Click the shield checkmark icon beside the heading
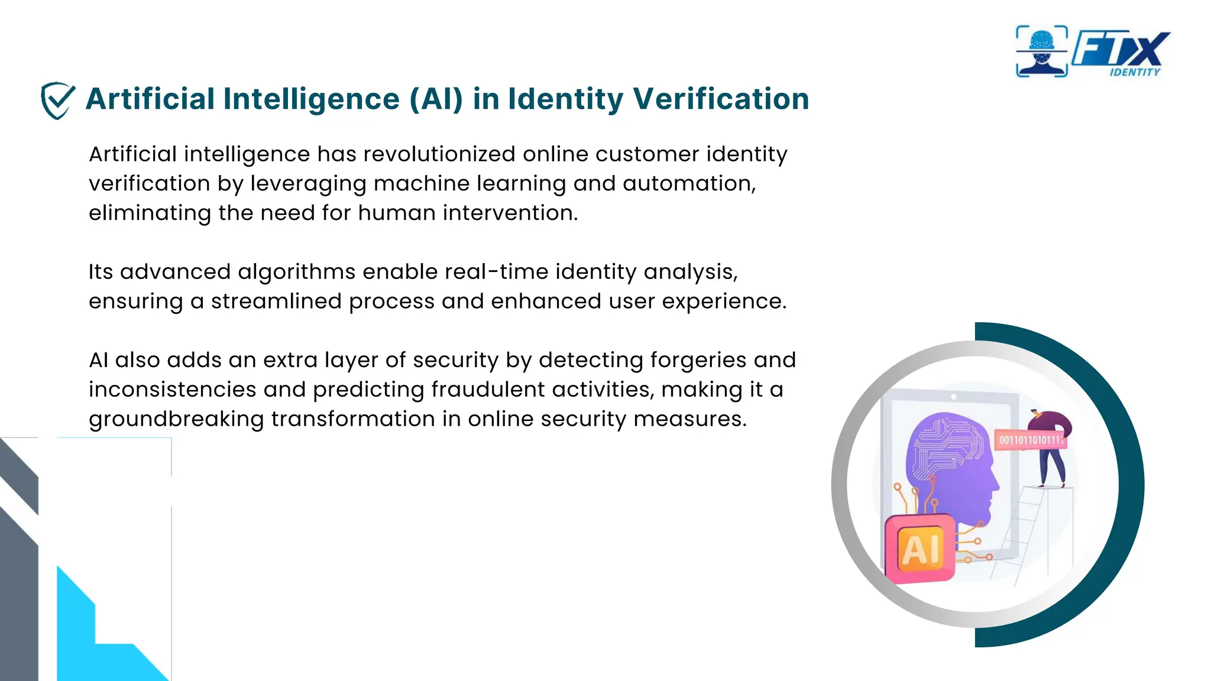tap(57, 100)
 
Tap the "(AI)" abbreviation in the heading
tap(436, 99)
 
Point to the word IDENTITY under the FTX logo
tap(1135, 72)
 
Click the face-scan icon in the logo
tap(1041, 51)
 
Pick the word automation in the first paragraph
tap(688, 184)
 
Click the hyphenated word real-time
tap(497, 272)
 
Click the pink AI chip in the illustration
tap(920, 549)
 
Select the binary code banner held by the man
tap(1031, 440)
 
